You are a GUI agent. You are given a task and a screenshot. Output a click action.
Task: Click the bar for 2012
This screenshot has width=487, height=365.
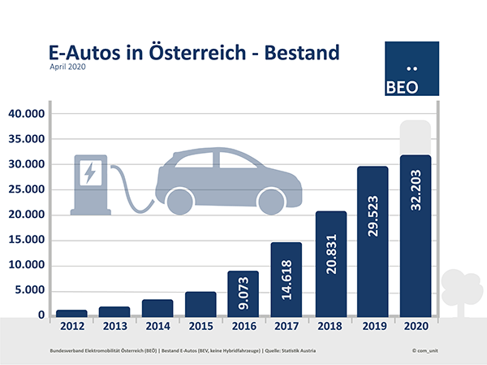tap(71, 313)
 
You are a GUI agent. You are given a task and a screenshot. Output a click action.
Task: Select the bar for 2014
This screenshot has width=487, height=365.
tap(157, 308)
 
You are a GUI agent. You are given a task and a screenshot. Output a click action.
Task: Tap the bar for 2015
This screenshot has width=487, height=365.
tap(200, 304)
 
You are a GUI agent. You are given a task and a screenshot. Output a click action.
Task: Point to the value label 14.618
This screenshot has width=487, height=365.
tap(287, 284)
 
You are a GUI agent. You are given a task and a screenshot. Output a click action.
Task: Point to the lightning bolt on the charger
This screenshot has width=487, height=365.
tap(89, 173)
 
